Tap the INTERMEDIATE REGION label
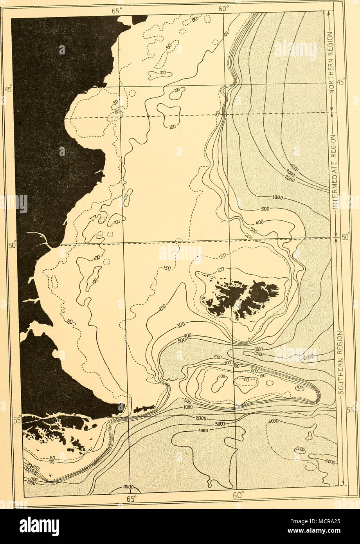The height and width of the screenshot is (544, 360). coord(335,176)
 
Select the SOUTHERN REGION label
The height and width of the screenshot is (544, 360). coord(339,362)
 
